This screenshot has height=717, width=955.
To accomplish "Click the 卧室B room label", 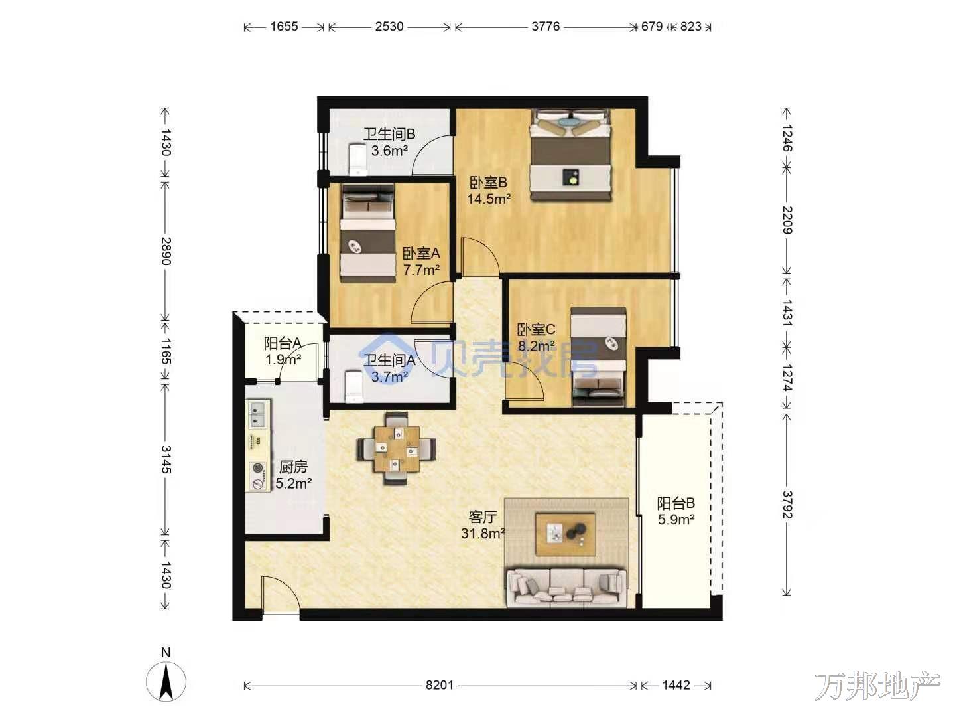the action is point(488,182).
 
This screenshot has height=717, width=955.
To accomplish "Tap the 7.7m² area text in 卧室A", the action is point(420,270).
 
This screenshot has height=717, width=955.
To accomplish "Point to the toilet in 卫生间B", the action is point(357,160).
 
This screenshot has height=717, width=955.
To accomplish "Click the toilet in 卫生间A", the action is point(353,386).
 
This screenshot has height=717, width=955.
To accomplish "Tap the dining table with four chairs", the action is point(396,448).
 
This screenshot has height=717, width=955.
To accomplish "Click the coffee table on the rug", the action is point(566,534).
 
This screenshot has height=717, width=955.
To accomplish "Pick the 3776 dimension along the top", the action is point(546,27).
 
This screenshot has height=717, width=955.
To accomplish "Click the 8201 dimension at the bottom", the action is point(440,685).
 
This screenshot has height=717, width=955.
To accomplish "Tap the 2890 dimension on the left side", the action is point(166,251).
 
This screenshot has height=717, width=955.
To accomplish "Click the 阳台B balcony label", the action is point(676,503).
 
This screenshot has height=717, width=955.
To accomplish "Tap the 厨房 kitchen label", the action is point(293,467).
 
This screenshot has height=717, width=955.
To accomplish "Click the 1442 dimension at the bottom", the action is point(676,685).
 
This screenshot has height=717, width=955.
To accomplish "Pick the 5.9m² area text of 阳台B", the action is point(676,519).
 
